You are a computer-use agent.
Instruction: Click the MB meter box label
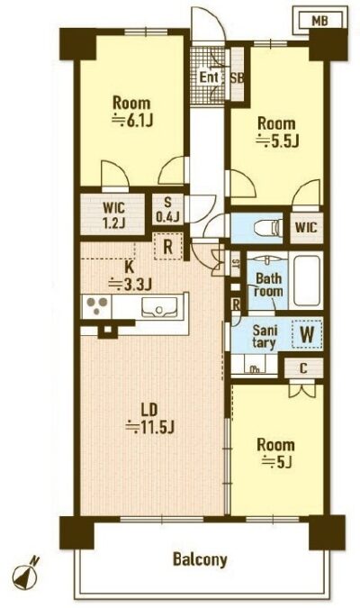319,21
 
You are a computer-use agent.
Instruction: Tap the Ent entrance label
209,77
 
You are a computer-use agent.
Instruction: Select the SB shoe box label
238,77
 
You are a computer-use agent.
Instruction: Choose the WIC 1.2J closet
112,213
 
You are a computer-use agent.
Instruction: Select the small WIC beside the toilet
306,228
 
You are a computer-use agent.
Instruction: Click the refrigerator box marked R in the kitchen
167,247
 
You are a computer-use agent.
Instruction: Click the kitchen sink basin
159,307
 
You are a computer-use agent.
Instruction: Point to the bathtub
306,280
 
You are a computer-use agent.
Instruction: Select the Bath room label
268,285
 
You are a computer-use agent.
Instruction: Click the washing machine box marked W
307,334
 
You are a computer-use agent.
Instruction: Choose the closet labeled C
303,368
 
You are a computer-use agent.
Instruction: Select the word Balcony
200,559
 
